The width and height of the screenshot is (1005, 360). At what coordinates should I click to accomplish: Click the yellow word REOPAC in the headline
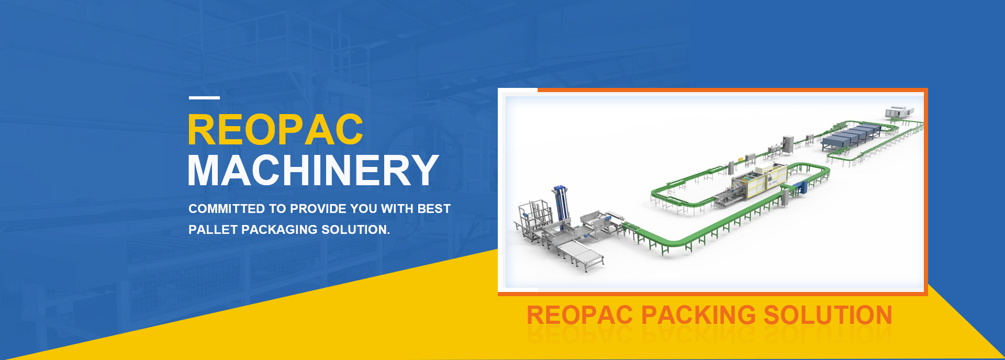point(275,130)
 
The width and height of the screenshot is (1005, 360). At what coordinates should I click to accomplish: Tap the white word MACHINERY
point(313,171)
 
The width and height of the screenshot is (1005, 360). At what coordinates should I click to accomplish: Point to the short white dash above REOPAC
point(204,97)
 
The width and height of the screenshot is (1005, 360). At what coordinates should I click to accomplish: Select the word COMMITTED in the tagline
point(227,209)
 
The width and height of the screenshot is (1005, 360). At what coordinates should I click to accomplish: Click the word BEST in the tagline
point(434,209)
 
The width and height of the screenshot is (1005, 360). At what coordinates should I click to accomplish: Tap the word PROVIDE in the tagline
point(318,209)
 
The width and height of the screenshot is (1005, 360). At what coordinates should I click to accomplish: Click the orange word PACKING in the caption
point(699,315)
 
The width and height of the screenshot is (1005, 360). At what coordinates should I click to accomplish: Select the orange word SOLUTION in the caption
point(828,315)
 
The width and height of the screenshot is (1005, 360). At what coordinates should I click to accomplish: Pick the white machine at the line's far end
point(898,112)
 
